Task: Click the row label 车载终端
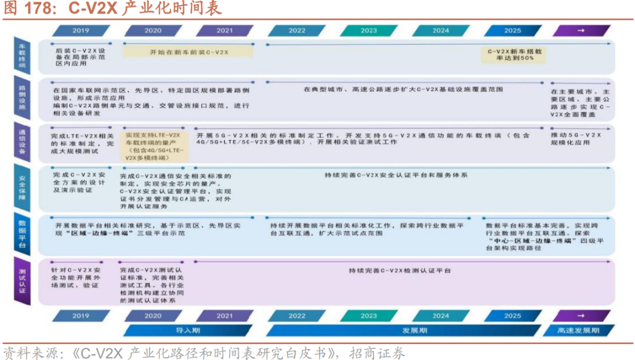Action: pyautogui.click(x=22, y=56)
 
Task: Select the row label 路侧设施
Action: pyautogui.click(x=22, y=98)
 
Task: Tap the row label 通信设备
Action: pyautogui.click(x=22, y=142)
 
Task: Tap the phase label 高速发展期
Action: pyautogui.click(x=579, y=331)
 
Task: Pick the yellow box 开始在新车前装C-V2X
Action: pyautogui.click(x=189, y=52)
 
